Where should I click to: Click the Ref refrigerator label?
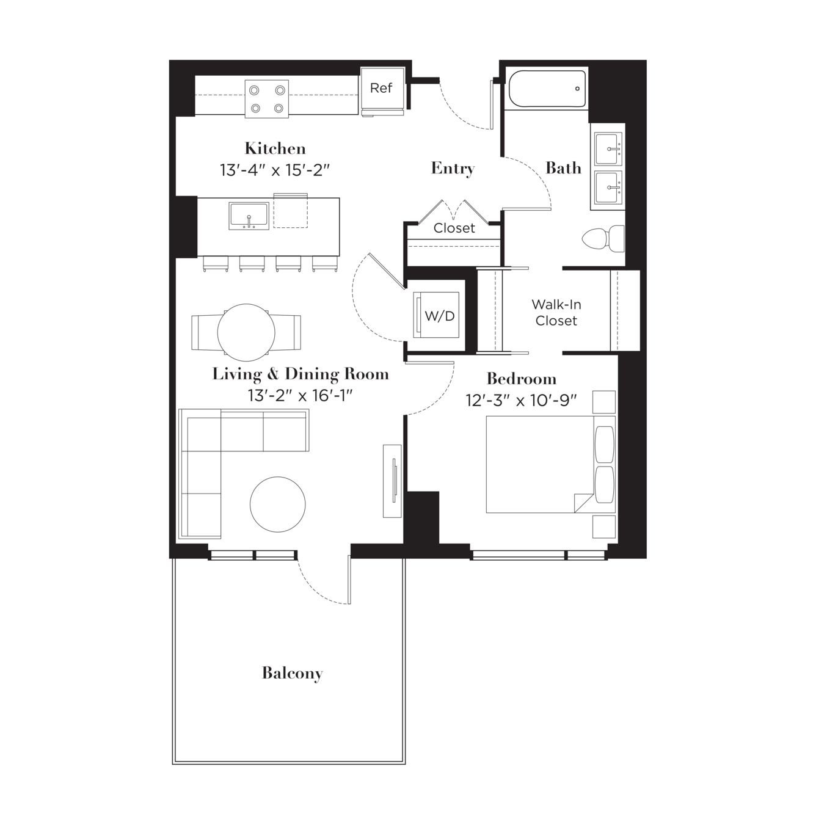coord(381,88)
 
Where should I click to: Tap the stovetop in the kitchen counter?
coord(267,99)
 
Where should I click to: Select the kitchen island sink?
coord(249,216)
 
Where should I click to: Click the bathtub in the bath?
coord(547,89)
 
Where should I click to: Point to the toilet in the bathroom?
coord(603,238)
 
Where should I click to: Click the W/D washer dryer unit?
coord(436,315)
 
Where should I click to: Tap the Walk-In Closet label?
coord(556,313)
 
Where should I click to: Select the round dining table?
coord(246,332)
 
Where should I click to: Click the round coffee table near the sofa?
coord(278,505)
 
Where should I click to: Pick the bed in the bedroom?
coord(550,464)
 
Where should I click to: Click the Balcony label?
coord(292,673)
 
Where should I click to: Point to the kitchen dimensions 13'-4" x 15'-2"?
coord(275,170)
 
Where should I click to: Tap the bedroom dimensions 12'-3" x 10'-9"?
coord(522,400)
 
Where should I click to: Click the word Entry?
coord(453,169)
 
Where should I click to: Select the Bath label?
coord(563,168)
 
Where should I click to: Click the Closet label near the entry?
coord(454,228)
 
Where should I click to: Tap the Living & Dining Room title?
coord(301,374)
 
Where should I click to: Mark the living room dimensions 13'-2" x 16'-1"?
coord(301,396)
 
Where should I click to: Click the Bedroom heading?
coord(522,379)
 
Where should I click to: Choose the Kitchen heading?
coord(275,148)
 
